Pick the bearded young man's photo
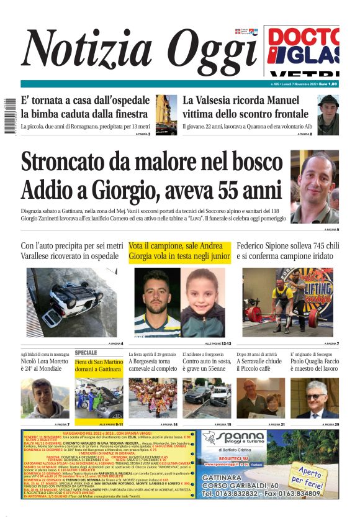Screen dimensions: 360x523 point(156,302)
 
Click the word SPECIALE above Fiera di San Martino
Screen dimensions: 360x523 point(86,352)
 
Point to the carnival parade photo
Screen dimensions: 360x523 point(153,398)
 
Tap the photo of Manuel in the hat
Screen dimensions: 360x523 point(327,114)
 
